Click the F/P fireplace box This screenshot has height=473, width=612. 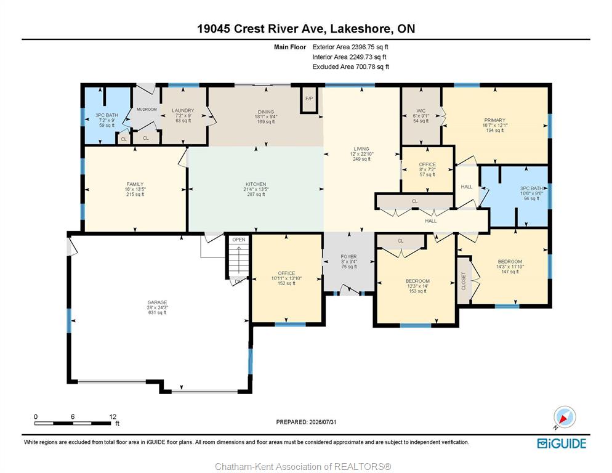click(x=309, y=99)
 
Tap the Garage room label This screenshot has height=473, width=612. click(x=157, y=307)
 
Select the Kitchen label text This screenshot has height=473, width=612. click(x=256, y=189)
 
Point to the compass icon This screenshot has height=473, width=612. click(x=565, y=417)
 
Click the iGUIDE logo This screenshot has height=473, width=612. click(x=562, y=443)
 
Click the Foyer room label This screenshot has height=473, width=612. click(x=349, y=262)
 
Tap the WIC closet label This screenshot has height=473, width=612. click(x=421, y=116)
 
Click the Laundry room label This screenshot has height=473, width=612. click(x=183, y=116)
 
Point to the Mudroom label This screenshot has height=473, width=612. click(x=147, y=110)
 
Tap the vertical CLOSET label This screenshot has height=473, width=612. click(x=464, y=281)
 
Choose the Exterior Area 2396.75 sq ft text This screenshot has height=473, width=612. click(x=350, y=47)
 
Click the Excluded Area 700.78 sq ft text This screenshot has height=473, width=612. click(x=351, y=67)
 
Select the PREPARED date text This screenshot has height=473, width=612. click(x=307, y=422)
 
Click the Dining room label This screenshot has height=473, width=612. click(x=266, y=117)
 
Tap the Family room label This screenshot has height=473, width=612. click(x=135, y=189)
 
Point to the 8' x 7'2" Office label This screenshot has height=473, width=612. click(x=427, y=169)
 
